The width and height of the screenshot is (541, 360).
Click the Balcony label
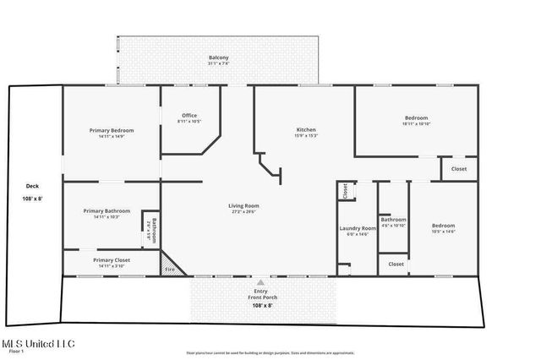coord(218,58)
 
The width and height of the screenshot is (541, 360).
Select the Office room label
coord(189,117)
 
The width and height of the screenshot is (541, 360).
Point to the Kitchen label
coord(305,130)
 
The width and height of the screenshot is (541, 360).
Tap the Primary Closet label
coord(112,260)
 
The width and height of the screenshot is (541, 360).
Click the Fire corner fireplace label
coord(169,269)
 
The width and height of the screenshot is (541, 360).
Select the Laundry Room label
coord(358,228)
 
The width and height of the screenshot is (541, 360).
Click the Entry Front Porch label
coord(260,294)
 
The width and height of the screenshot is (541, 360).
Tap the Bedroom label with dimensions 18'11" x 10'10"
coord(416,118)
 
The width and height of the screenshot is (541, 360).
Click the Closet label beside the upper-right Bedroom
coord(458,169)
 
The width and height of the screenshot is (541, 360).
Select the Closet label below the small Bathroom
coord(396,265)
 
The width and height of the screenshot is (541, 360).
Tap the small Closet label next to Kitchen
coord(345,192)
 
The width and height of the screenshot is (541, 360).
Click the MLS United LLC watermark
coord(38,344)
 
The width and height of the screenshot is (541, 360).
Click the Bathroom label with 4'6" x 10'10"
coord(393,221)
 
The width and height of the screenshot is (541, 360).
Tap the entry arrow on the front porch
coord(260,281)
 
